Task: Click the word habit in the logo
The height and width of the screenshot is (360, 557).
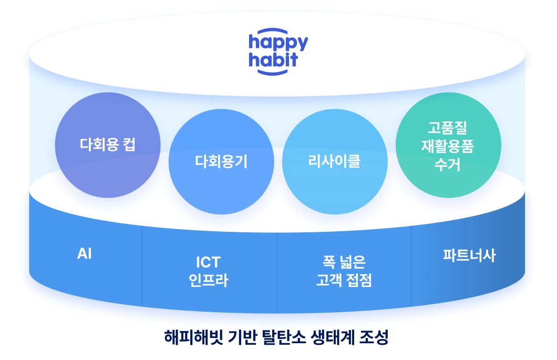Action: [273, 58]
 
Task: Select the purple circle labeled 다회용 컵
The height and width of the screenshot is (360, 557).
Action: [108, 145]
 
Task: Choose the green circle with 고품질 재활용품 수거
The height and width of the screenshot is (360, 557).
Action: [448, 146]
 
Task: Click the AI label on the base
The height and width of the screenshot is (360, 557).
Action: [85, 254]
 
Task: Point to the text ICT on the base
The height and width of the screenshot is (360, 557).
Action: [208, 262]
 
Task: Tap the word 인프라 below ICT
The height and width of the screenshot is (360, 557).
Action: [208, 280]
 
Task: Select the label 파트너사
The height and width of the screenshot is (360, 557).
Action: [469, 256]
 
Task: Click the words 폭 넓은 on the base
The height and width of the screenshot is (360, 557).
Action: [344, 262]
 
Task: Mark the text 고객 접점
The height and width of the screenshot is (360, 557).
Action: [344, 280]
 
